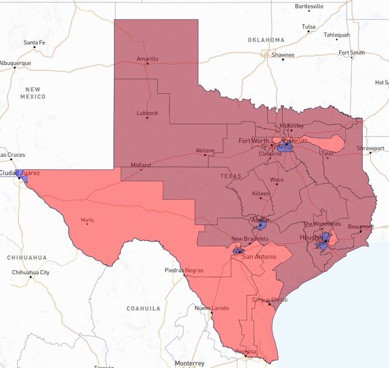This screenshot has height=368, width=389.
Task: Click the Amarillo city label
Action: pyautogui.click(x=148, y=59)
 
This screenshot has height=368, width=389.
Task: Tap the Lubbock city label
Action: pyautogui.click(x=147, y=113)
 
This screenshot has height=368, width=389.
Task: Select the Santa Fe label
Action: pyautogui.click(x=34, y=43)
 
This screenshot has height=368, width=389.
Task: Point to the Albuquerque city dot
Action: pyautogui.click(x=15, y=68)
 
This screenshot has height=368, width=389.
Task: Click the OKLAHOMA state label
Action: pyautogui.click(x=266, y=40)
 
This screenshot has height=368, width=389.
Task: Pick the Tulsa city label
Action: pyautogui.click(x=308, y=26)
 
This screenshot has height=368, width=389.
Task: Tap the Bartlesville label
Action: pyautogui.click(x=309, y=6)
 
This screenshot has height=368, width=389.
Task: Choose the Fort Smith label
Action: pyautogui.click(x=351, y=53)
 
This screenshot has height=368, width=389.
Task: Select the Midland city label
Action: pyautogui.click(x=141, y=165)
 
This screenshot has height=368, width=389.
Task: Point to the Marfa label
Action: pyautogui.click(x=87, y=220)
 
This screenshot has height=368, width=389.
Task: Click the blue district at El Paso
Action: pyautogui.click(x=21, y=175)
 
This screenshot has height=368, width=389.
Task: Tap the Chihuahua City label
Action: pyautogui.click(x=30, y=273)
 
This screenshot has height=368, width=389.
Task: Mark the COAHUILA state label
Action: pyautogui.click(x=144, y=308)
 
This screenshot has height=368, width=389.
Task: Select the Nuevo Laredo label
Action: pyautogui.click(x=212, y=308)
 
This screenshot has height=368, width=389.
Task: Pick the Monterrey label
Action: pyautogui.click(x=189, y=363)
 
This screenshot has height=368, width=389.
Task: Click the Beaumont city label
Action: pyautogui.click(x=360, y=226)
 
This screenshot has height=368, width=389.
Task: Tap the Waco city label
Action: pyautogui.click(x=277, y=179)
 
